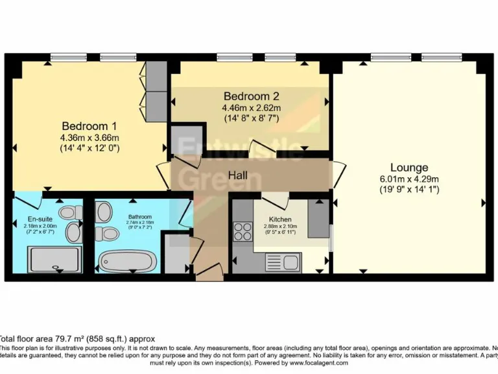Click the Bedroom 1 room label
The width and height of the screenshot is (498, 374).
90,126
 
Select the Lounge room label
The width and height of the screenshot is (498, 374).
409,168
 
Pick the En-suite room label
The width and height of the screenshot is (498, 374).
40,219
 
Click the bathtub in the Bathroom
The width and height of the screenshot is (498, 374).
128,262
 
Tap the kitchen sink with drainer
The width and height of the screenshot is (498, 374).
281,262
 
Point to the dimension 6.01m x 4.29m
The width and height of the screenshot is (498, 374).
410,180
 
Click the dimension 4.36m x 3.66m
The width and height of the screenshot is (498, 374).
90,138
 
